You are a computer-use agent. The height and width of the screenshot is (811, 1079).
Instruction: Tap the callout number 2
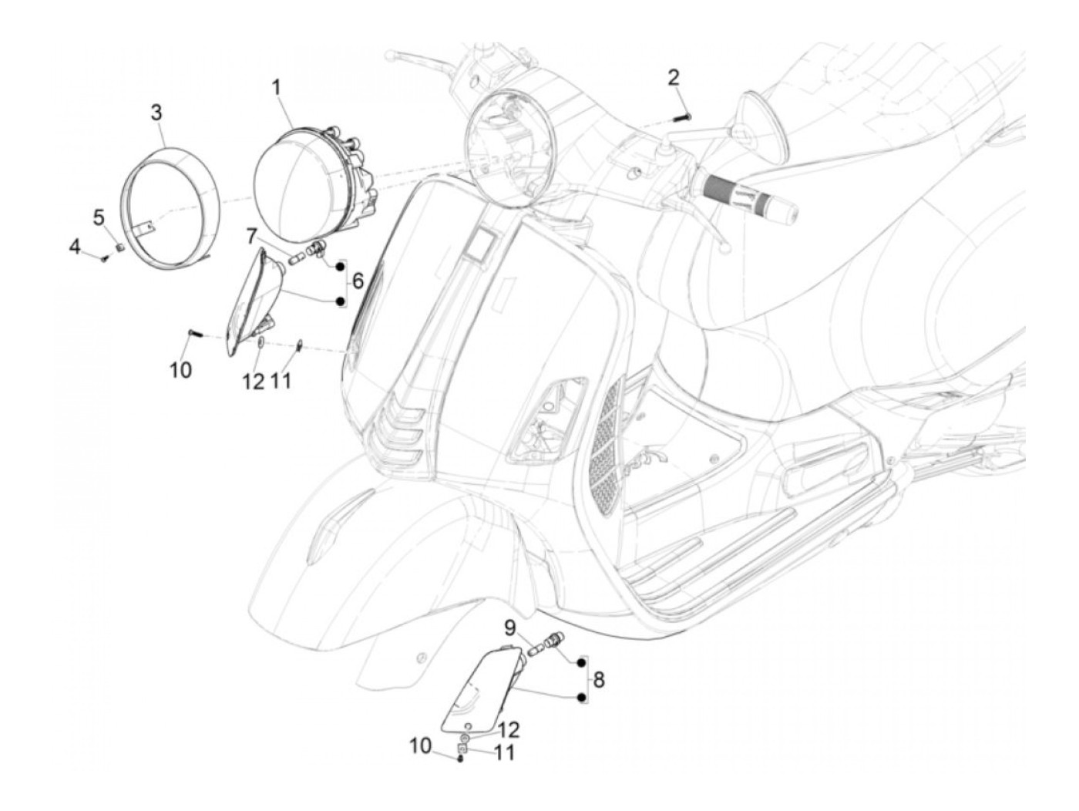[674, 77]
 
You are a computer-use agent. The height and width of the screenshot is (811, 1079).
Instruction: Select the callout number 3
[156, 113]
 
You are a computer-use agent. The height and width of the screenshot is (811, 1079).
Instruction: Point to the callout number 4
[75, 247]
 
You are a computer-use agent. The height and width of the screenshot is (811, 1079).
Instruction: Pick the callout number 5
[99, 217]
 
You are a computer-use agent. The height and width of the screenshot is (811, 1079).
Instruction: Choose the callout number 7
[253, 234]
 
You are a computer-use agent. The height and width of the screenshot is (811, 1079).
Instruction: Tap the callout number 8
[599, 680]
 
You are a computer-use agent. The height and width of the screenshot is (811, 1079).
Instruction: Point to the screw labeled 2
[682, 117]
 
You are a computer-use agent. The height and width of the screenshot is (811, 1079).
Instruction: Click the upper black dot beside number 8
[582, 662]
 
